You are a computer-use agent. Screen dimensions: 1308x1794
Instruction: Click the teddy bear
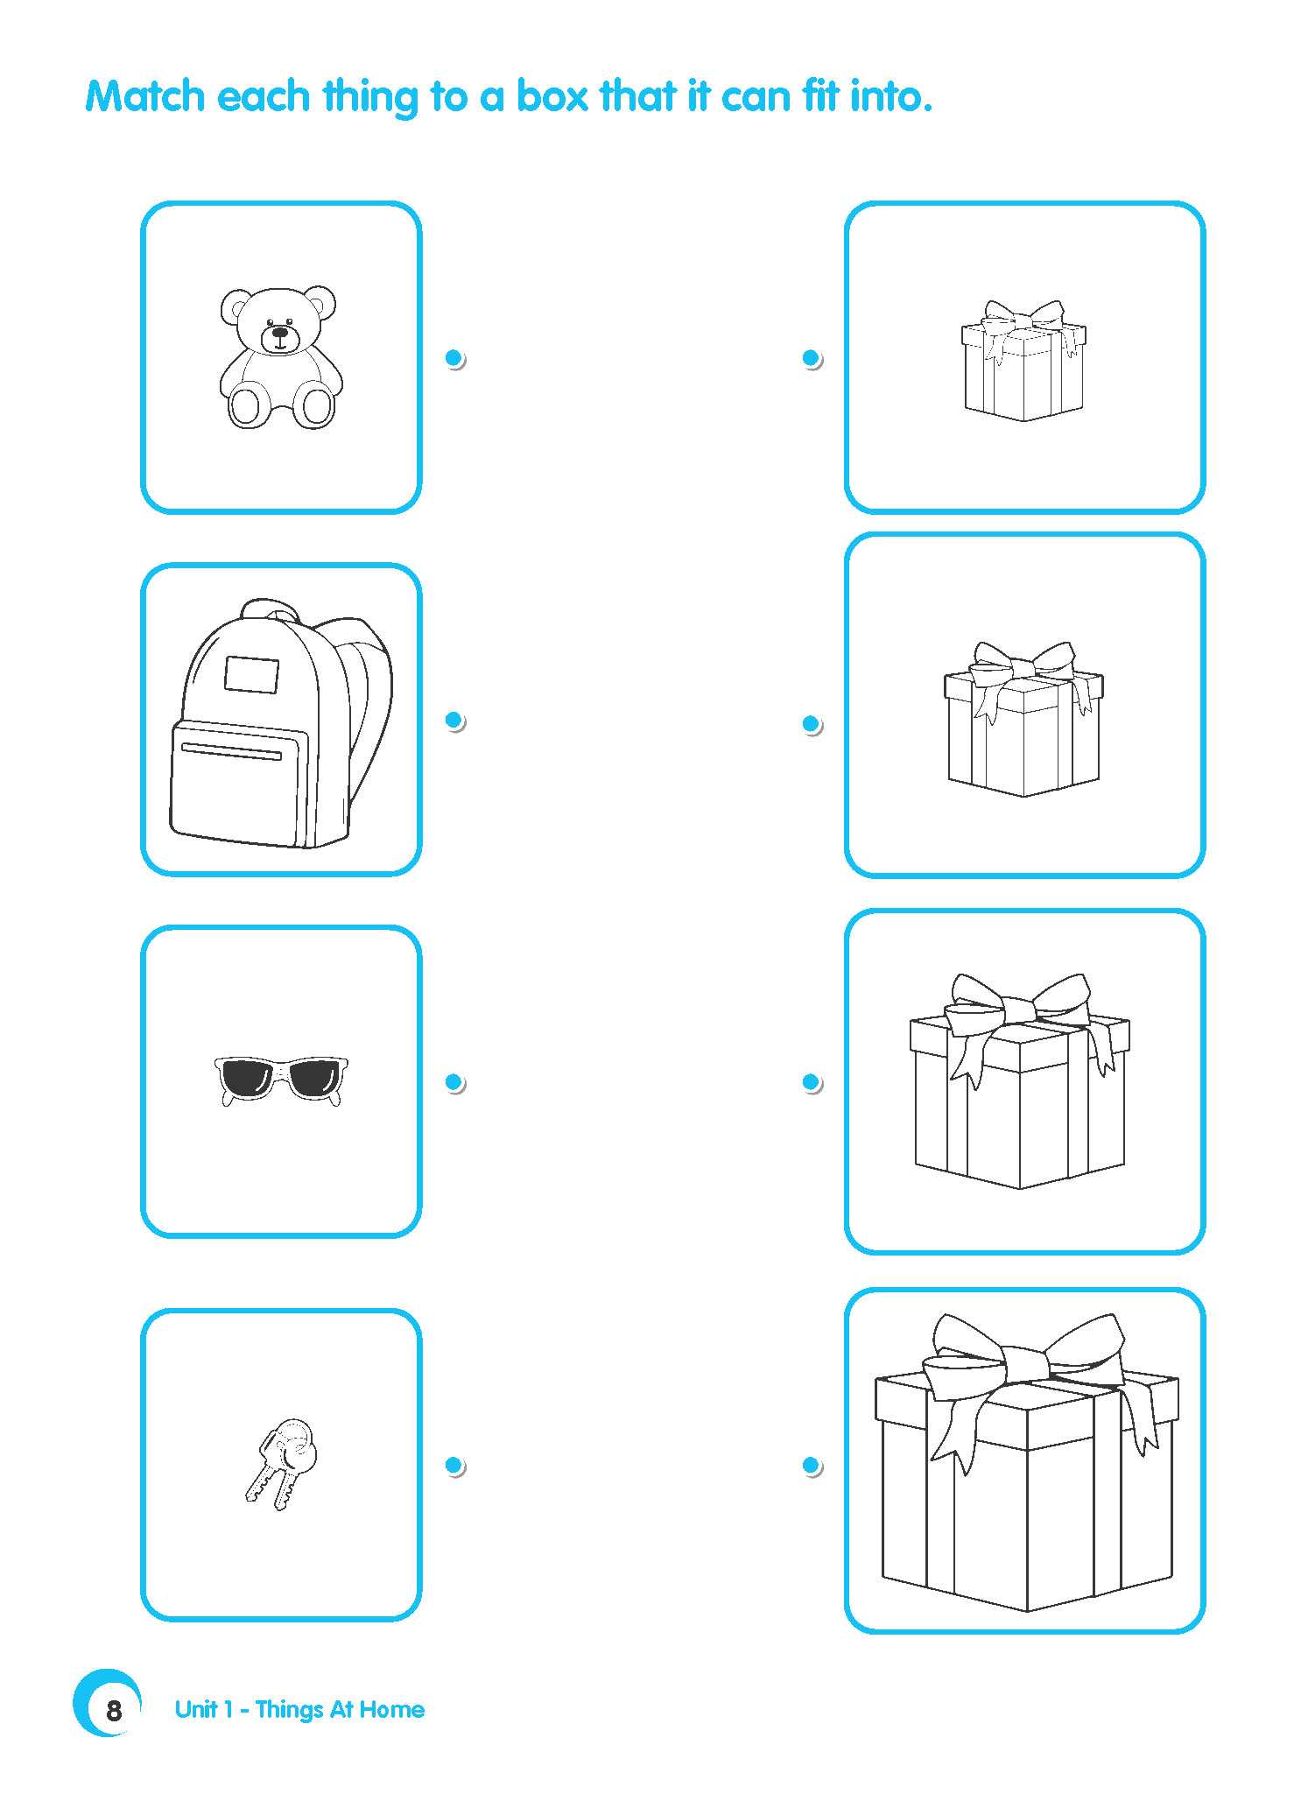pyautogui.click(x=279, y=356)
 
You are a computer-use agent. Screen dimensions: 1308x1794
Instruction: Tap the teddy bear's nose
pyautogui.click(x=279, y=333)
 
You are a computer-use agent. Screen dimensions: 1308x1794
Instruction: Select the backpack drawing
pyautogui.click(x=281, y=723)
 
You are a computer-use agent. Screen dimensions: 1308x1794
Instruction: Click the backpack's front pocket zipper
pyautogui.click(x=232, y=751)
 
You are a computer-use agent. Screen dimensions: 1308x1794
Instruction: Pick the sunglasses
pyautogui.click(x=280, y=1080)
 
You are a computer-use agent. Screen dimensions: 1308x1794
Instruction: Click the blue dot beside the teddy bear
pyautogui.click(x=454, y=357)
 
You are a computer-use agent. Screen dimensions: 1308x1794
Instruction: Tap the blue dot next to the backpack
pyautogui.click(x=454, y=720)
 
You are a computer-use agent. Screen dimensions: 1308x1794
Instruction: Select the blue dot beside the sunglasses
pyautogui.click(x=454, y=1082)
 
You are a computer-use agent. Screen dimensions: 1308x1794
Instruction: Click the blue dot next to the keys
pyautogui.click(x=454, y=1464)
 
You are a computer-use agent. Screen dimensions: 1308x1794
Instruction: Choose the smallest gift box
pyautogui.click(x=1023, y=360)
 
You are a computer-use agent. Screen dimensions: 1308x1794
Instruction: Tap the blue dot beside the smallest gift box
pyautogui.click(x=811, y=357)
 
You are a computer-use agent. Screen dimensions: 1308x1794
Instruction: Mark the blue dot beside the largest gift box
pyautogui.click(x=811, y=1464)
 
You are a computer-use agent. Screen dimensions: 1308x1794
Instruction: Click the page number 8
pyautogui.click(x=114, y=1710)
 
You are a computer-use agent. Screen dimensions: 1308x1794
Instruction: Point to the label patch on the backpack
pyautogui.click(x=251, y=674)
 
